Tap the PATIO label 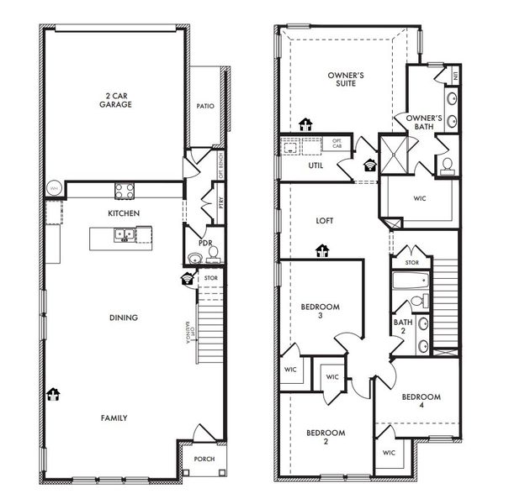point(204,107)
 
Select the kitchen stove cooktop point(124,189)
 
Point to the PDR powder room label point(192,244)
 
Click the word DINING point(123,317)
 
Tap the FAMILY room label point(114,417)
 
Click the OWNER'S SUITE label point(345,80)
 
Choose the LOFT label point(324,220)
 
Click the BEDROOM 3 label point(320,312)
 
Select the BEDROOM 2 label point(325,437)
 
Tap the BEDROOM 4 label point(421,402)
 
